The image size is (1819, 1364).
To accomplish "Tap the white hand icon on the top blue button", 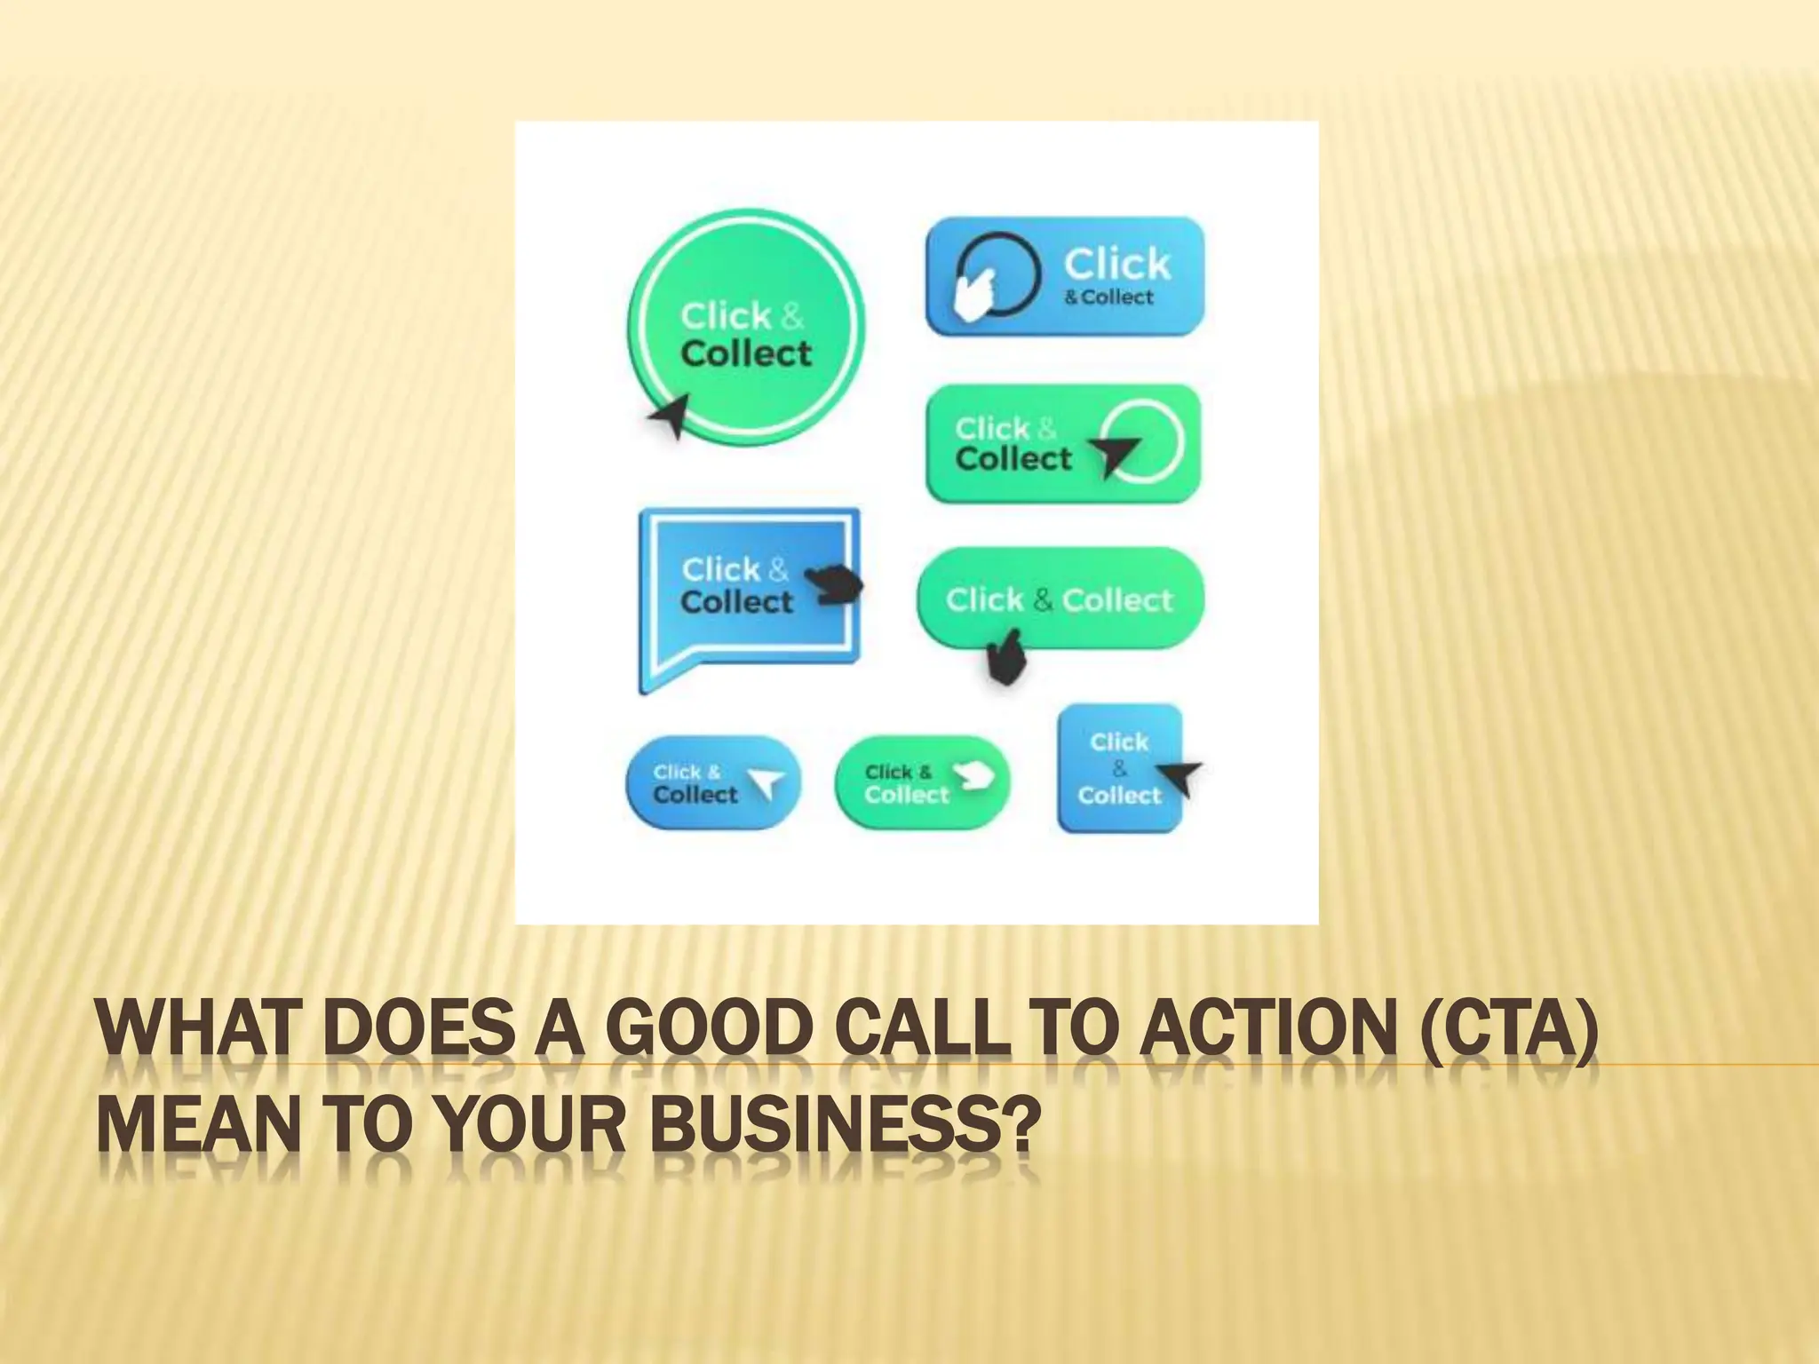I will [x=973, y=294].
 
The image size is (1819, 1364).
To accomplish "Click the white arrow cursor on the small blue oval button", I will [x=767, y=783].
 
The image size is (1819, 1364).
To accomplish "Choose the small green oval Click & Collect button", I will [x=922, y=783].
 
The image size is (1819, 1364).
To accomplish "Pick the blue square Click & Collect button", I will [x=1119, y=768].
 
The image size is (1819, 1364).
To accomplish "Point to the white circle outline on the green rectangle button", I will [x=1148, y=441].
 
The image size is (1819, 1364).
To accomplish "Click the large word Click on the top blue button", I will [x=1116, y=264].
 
